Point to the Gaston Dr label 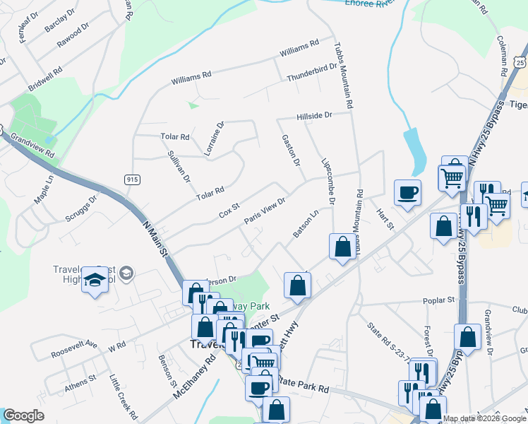[x=291, y=151]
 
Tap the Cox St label [x=230, y=211]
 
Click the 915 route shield [x=132, y=179]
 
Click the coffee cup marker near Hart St [x=407, y=192]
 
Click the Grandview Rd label [x=32, y=143]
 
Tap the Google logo [x=23, y=416]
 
